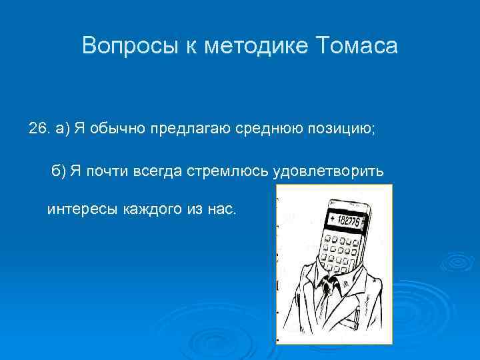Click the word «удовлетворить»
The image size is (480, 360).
[328, 171]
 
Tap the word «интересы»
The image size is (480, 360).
[78, 210]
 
